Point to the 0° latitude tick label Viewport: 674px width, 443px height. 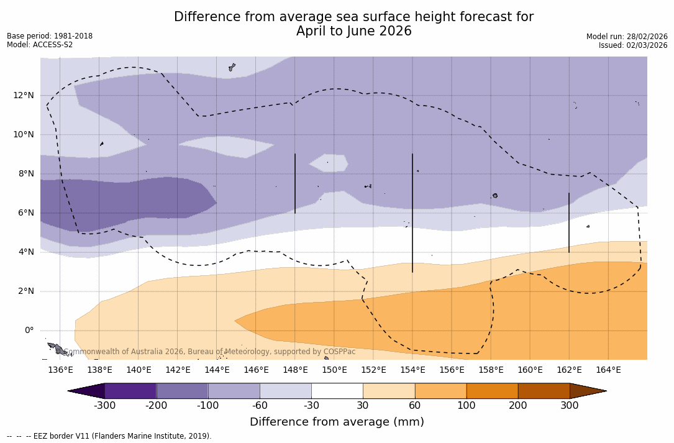[29, 330]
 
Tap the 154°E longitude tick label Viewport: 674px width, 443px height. [412, 370]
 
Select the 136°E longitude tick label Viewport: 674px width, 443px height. [60, 370]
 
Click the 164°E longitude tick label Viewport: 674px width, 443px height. [608, 370]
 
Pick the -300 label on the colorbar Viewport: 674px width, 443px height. [105, 406]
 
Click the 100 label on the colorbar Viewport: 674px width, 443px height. [467, 406]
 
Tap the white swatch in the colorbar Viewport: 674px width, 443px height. [337, 391]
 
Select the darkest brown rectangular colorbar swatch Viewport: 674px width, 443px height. [544, 391]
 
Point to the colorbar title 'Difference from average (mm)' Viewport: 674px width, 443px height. [337, 422]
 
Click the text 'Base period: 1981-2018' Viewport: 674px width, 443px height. [50, 36]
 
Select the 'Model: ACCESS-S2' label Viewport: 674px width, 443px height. [40, 45]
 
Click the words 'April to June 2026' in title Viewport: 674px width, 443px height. [353, 31]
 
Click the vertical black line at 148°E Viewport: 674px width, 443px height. [295, 183]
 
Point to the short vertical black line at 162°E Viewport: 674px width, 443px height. [569, 222]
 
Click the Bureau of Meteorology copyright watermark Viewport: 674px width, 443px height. [211, 352]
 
